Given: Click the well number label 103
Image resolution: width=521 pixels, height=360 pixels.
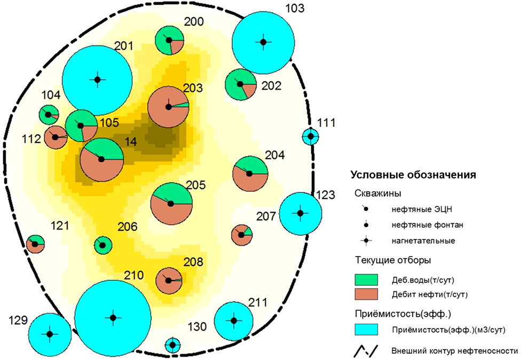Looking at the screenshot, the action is coord(295,8).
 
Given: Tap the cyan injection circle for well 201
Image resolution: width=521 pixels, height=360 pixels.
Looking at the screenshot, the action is coord(97,80).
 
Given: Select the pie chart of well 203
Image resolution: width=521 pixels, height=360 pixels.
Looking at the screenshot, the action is coord(169,107).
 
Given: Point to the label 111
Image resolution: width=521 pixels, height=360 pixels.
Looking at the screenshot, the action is coord(326,123).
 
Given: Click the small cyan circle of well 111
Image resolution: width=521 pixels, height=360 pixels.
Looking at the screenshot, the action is coord(311,136).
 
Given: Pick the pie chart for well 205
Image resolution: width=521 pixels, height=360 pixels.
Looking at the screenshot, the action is coord(171,204).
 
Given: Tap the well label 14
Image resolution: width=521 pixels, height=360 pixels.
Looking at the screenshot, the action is coord(131,142).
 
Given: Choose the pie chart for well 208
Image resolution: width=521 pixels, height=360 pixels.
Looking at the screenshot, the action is coord(169,281).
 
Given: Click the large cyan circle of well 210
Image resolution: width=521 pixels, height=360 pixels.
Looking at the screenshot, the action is coord(113,318).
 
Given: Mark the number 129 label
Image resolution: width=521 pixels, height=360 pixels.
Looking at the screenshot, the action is coord(18,321).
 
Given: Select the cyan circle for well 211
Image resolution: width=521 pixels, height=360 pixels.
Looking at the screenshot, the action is coord(234,321).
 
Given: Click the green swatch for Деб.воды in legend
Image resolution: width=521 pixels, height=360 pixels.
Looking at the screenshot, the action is coord(366,279).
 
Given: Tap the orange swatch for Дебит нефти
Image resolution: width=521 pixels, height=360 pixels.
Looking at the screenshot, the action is coord(366,294).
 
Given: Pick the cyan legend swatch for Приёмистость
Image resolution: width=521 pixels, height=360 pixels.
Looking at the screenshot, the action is coord(366,330).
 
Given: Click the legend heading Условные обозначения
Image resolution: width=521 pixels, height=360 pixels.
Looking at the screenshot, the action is coord(413,175).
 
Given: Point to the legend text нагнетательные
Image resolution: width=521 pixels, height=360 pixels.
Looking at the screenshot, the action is coord(423,241).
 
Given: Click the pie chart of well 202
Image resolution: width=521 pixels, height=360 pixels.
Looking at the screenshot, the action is coord(241,84).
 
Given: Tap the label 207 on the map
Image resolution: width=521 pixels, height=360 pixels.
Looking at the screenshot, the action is coord(266,216).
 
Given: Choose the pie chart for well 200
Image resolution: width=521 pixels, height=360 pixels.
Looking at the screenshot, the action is coord(169,40).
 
